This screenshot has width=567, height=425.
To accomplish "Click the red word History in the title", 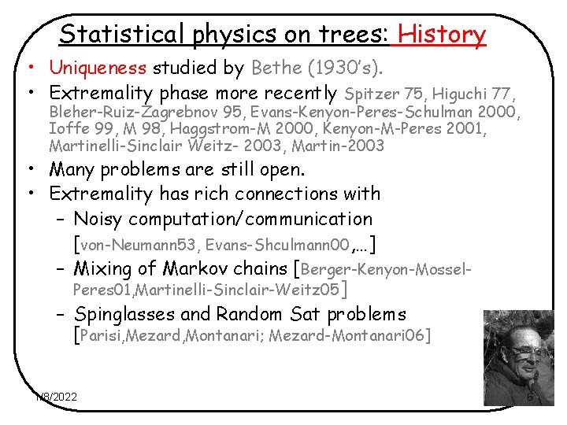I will pyautogui.click(x=443, y=34).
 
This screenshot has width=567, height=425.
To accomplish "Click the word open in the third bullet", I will pyautogui.click(x=281, y=169).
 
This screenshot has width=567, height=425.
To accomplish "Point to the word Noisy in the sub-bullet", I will pyautogui.click(x=99, y=219).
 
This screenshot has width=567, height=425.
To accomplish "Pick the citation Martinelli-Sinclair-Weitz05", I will pyautogui.click(x=240, y=292).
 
